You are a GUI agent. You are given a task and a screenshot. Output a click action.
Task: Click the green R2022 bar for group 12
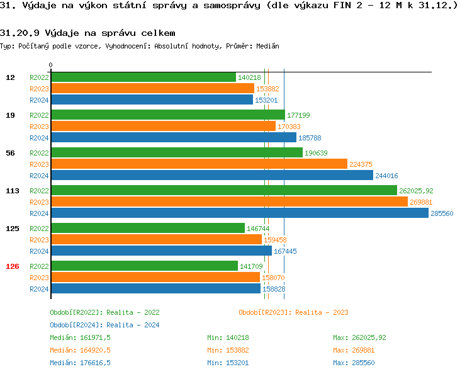pos(143,77)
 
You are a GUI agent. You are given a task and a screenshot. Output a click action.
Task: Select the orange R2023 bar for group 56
pos(198,164)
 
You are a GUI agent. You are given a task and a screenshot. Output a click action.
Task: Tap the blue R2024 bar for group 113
pos(239,213)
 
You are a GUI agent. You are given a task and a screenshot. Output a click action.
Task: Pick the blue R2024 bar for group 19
pos(173,138)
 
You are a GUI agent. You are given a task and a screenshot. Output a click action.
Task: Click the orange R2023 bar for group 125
pos(155,240)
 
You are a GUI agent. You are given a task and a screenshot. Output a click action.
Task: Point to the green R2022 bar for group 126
pos(144,266)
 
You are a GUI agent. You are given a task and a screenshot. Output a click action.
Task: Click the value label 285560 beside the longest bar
pos(442,213)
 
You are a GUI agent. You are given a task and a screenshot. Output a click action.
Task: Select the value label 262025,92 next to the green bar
pos(416,191)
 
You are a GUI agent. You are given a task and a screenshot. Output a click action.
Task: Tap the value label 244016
pos(386,176)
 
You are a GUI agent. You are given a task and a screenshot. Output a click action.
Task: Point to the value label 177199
pos(298,115)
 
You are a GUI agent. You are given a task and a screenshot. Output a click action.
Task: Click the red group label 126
pos(13,266)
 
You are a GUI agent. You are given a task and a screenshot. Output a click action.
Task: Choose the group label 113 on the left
pos(13,191)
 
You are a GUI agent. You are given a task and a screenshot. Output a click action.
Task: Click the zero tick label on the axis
pos(51,65)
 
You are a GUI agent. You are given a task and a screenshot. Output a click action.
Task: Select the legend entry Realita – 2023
pos(294,312)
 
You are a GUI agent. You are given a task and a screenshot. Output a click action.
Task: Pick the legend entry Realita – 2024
pos(104,325)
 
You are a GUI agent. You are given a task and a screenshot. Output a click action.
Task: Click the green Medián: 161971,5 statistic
pos(80,337)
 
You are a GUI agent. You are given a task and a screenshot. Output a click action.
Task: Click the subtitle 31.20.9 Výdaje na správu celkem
pos(87,33)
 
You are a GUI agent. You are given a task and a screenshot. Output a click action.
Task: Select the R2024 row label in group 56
pos(39,176)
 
